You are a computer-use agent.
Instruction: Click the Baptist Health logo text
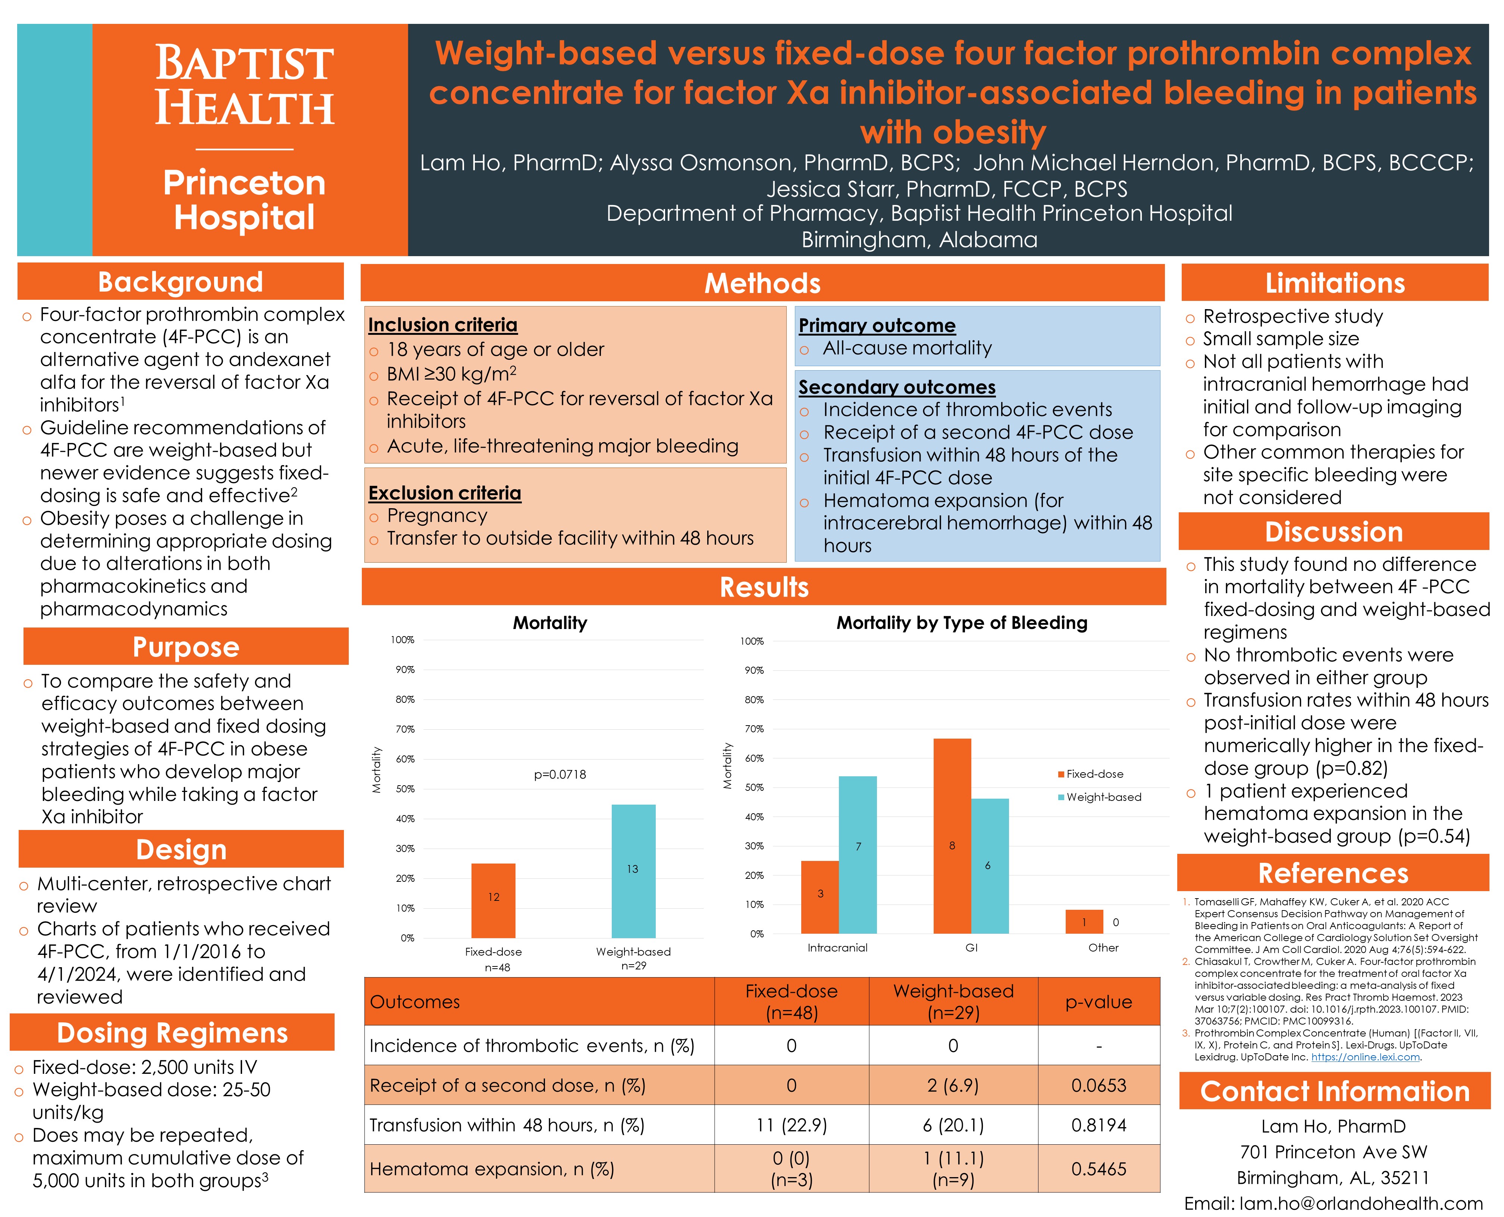click(244, 85)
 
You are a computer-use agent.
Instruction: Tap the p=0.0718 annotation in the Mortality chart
click(560, 775)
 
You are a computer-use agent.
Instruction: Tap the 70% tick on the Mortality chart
click(405, 729)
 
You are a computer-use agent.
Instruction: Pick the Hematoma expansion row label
click(492, 1169)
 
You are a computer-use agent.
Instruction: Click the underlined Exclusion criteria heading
click(445, 493)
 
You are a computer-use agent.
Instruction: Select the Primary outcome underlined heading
click(877, 325)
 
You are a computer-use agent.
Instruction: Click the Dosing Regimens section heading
click(172, 1033)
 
